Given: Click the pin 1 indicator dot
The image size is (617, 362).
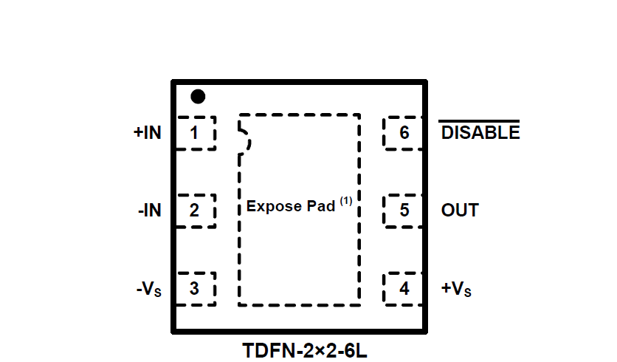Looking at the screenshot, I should (x=198, y=97).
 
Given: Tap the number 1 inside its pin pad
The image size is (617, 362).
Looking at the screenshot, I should (x=194, y=133).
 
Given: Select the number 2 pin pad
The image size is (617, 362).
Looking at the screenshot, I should (x=194, y=211).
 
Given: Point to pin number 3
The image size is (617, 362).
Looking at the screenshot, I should (x=194, y=289).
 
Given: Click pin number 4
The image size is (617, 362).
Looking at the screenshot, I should (x=404, y=289).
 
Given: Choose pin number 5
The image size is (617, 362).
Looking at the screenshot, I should (x=404, y=211).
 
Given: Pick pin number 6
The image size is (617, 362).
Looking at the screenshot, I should (x=404, y=133).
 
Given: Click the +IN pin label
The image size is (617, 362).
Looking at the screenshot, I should (x=147, y=133).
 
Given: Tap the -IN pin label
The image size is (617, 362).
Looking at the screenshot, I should (x=149, y=211).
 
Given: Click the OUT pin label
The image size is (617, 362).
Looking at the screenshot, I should (x=460, y=211).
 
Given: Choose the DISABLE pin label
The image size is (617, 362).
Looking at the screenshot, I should (x=480, y=133).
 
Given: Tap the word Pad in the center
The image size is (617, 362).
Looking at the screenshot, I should (x=321, y=206).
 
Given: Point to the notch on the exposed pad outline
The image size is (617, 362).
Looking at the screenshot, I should (x=244, y=137).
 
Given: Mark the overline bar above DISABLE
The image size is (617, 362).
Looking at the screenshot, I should (x=480, y=120).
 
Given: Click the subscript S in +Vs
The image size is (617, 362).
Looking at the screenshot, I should (x=468, y=293).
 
